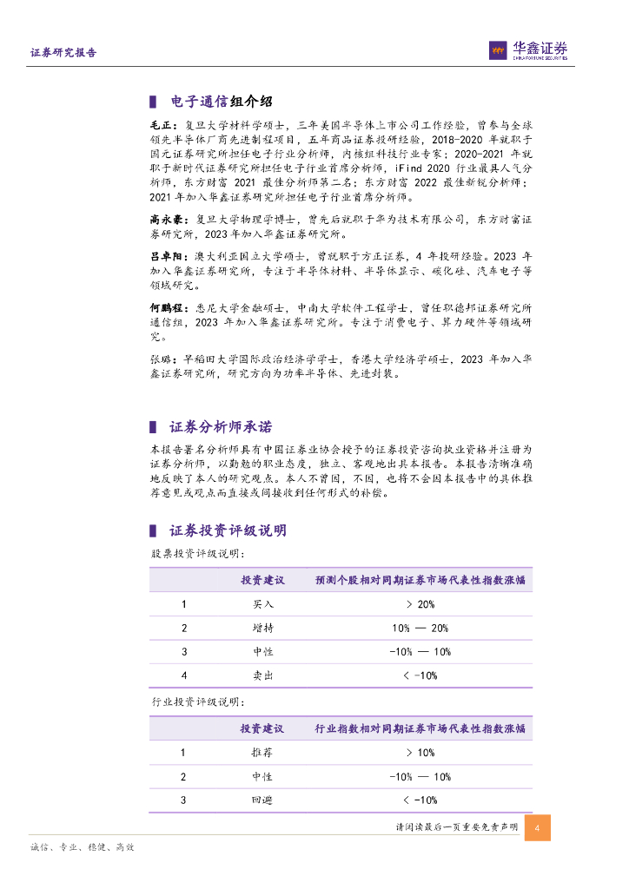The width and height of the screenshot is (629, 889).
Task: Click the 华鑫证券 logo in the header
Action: (x=528, y=50)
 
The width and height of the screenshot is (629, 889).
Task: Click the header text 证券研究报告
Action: (x=63, y=53)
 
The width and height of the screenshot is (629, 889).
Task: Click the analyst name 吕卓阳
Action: (x=165, y=257)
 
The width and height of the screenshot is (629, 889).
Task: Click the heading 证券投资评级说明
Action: (x=228, y=530)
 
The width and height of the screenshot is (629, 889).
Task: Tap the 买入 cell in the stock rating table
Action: (x=262, y=604)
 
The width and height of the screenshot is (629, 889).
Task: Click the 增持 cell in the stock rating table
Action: (x=262, y=628)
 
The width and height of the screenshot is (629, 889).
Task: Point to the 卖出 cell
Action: (x=262, y=675)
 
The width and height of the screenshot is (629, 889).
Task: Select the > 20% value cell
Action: (x=420, y=604)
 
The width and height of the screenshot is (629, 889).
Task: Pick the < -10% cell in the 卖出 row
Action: (x=420, y=675)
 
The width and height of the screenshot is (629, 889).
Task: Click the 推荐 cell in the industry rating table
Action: (x=262, y=753)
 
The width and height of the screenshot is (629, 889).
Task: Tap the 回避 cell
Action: (x=262, y=800)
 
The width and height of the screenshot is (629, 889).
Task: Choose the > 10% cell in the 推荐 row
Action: (x=420, y=753)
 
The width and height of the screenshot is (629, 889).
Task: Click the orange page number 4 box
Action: (x=538, y=827)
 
